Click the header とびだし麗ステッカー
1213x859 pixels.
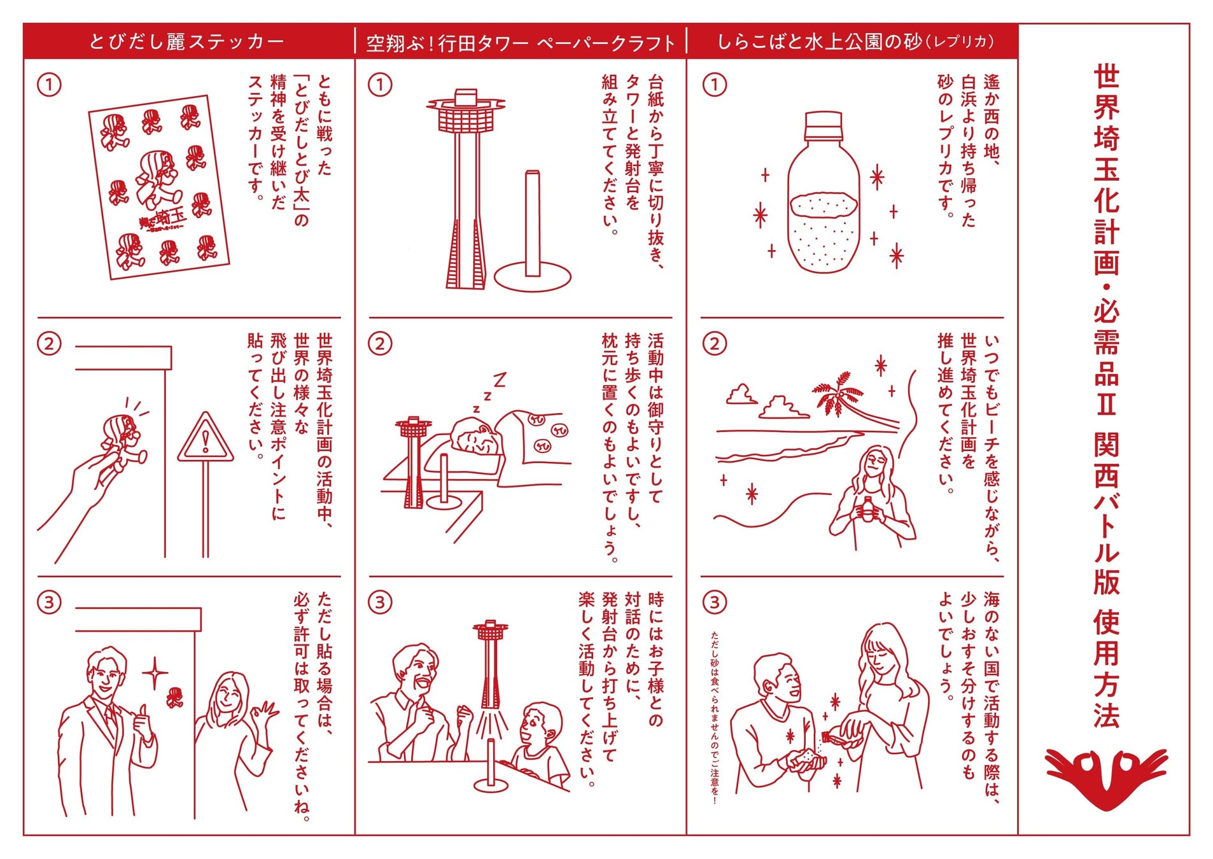[186, 42]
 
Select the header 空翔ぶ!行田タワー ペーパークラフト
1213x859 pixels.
[521, 43]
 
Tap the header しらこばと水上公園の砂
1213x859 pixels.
[856, 41]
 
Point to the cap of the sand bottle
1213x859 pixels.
[824, 126]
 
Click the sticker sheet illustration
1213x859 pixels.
[159, 187]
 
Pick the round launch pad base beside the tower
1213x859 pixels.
[532, 277]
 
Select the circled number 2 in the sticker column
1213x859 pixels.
[50, 344]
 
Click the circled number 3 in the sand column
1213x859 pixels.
[715, 602]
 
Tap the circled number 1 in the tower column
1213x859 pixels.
[381, 85]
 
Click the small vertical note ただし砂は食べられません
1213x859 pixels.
[715, 717]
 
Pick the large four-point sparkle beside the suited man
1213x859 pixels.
[155, 673]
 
